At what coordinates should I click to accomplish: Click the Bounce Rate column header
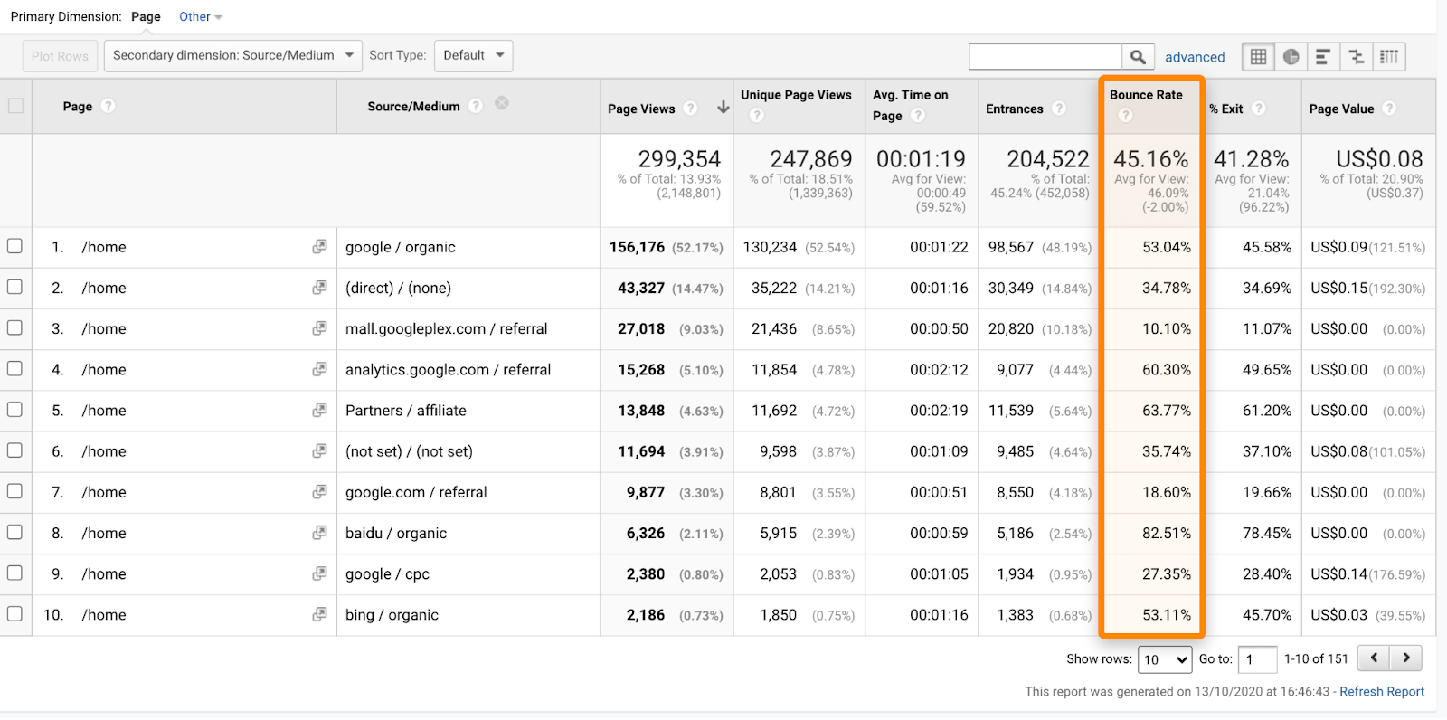(x=1146, y=95)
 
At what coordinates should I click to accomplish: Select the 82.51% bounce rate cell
(x=1166, y=534)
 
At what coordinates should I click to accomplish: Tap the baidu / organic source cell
(x=396, y=534)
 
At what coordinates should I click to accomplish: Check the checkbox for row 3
(x=14, y=328)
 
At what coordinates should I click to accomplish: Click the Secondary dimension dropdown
(x=232, y=56)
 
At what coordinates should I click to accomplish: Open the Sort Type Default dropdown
(x=473, y=56)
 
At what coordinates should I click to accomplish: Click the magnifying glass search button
(x=1138, y=57)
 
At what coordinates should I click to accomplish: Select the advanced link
(x=1195, y=57)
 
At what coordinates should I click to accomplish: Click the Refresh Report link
(x=1381, y=692)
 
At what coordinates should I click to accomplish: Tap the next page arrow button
(x=1406, y=658)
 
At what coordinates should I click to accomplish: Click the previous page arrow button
(x=1374, y=658)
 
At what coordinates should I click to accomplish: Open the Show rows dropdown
(x=1164, y=659)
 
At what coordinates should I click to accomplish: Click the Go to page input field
(x=1257, y=659)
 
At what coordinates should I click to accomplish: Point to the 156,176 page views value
(x=637, y=248)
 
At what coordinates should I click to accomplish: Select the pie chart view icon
(x=1291, y=57)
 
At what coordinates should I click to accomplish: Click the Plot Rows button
(x=60, y=56)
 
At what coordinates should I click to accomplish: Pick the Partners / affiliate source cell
(x=406, y=411)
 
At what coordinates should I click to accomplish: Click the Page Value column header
(x=1341, y=109)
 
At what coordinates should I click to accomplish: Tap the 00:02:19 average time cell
(x=939, y=411)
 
